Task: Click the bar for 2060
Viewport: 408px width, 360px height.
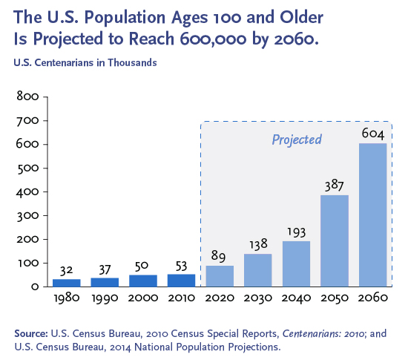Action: (x=372, y=215)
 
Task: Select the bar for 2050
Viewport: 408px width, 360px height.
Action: (x=335, y=240)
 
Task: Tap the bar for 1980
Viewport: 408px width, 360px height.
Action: (x=67, y=283)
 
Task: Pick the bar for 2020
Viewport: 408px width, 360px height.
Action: (x=220, y=276)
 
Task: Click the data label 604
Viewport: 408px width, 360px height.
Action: (x=373, y=134)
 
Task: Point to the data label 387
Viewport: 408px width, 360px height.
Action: (x=335, y=186)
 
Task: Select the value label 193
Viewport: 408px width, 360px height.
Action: (x=297, y=232)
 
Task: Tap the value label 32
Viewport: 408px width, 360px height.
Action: (x=66, y=271)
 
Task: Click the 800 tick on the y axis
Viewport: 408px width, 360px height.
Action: (x=27, y=96)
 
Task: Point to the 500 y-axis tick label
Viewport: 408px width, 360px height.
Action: (x=28, y=168)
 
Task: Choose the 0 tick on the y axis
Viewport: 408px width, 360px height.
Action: (x=35, y=287)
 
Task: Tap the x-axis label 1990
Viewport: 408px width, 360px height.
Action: (x=105, y=298)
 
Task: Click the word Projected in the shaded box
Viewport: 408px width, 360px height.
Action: (x=297, y=140)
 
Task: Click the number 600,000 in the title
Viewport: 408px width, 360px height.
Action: (x=213, y=39)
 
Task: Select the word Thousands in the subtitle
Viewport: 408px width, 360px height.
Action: (x=132, y=63)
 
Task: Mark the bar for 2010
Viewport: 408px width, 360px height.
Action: (x=181, y=281)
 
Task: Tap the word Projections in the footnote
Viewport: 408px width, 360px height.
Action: (x=254, y=347)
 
